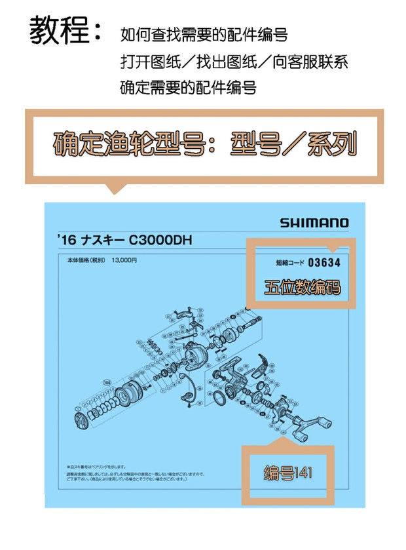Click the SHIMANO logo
314,223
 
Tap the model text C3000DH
160,241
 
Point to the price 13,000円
124,260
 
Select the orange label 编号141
288,473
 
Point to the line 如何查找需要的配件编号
204,34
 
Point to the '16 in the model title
66,241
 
